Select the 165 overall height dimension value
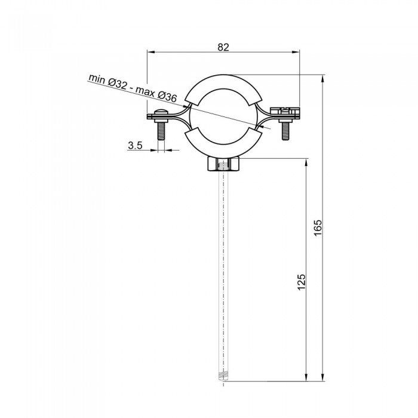[318, 226]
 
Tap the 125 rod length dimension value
[302, 282]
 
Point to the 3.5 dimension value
[134, 145]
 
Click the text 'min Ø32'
[108, 83]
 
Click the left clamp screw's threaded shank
[159, 131]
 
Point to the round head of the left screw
[159, 115]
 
